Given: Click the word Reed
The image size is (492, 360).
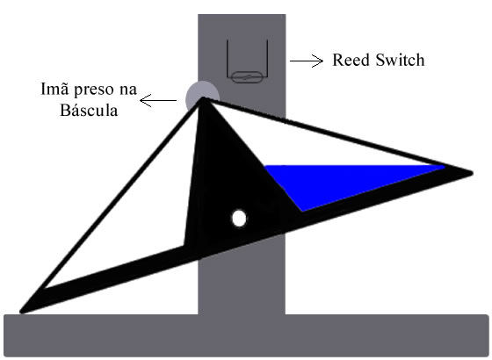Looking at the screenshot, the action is pos(351,60).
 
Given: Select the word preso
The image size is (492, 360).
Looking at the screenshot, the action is pos(93,90).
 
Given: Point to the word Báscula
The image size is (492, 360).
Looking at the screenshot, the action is pos(89,110).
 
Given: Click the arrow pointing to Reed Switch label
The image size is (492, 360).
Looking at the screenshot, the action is pos(307,61).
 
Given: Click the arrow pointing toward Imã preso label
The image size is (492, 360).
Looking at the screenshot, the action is pos(158,101).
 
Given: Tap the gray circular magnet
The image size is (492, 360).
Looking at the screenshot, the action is pos(201,92).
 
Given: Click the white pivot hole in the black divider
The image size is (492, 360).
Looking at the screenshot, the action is pos(239,218).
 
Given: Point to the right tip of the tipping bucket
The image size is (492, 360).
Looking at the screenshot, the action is pos(473,173).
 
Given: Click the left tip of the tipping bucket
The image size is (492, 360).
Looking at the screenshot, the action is pos(21,312).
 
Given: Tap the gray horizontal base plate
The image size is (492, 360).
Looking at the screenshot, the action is pos(246,335).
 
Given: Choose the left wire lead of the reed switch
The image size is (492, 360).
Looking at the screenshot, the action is pos(228,58).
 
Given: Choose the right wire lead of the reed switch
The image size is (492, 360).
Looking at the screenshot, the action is pos(267,58).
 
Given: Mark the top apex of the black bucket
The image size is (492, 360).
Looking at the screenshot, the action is pos(203,98).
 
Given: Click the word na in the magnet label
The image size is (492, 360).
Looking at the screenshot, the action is pos(128,90).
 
